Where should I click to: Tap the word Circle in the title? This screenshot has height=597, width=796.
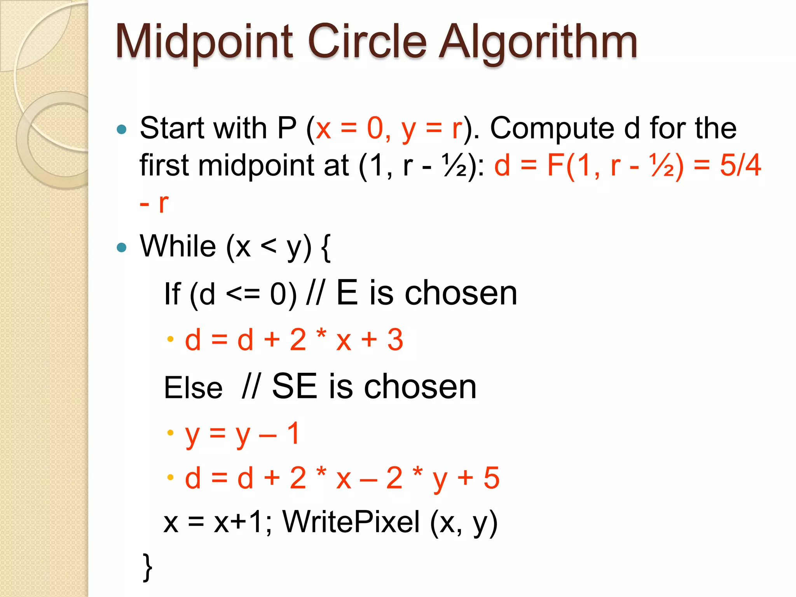click(367, 41)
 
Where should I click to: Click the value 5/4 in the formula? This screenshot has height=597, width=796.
click(740, 166)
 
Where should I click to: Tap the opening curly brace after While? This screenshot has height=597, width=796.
click(326, 248)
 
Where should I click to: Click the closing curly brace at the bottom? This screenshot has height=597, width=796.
click(147, 567)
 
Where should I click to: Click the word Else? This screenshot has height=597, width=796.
click(193, 388)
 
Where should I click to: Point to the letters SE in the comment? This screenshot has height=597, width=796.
click(294, 386)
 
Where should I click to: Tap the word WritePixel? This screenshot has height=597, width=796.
click(351, 522)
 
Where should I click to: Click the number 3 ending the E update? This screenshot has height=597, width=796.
click(395, 340)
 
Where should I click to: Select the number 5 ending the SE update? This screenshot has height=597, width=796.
click(491, 478)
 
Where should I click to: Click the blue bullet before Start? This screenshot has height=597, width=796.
click(122, 129)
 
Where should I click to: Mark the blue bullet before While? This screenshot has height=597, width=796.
click(122, 247)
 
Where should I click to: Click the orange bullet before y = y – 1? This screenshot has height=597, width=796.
click(170, 433)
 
